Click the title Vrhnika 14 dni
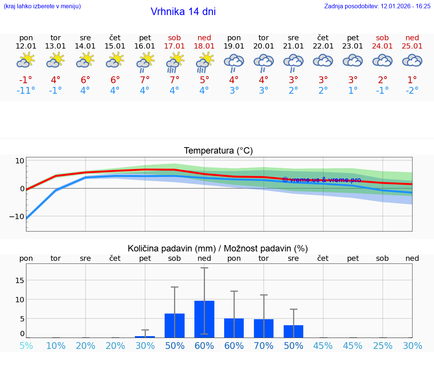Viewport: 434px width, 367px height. pos(183,12)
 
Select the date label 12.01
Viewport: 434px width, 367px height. pos(26,46)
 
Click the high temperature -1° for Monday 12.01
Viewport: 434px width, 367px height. pos(26,80)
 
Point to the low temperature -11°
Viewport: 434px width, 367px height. pos(26,91)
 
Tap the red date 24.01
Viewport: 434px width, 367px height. pos(382,46)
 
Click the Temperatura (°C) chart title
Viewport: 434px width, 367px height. pos(218,151)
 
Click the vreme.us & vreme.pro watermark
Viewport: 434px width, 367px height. pos(322,180)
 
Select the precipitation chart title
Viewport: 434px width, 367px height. pos(218,248)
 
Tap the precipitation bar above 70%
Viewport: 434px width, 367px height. pos(264,328)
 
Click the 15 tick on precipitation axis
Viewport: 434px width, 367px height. pos(19,280)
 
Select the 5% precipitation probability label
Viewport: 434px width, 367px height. pos(26,346)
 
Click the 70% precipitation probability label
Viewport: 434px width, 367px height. pos(264,346)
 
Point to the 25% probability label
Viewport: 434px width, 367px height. pos(382,346)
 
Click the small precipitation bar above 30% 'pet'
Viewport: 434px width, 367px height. pos(145,337)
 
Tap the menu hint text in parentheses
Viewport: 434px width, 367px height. pos(42,6)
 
